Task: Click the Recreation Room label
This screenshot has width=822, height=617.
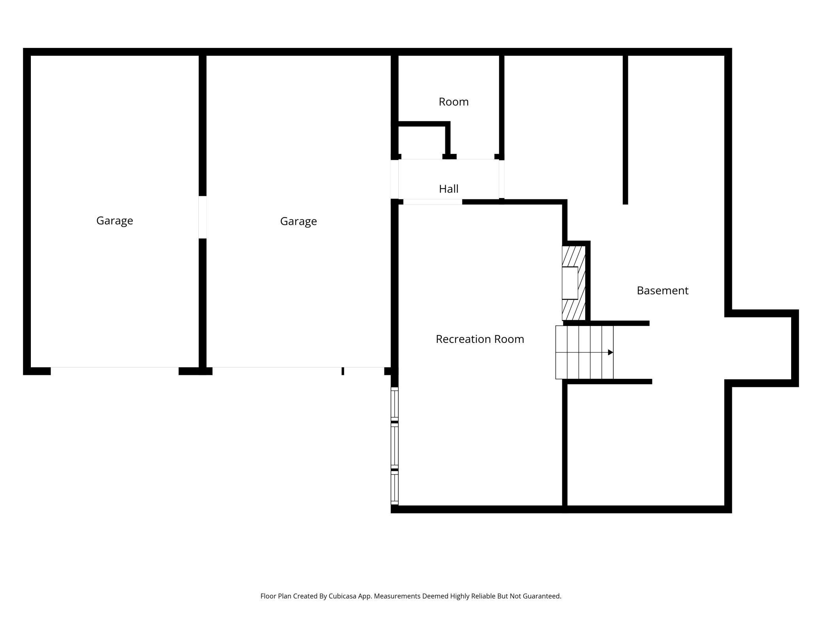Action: coord(480,339)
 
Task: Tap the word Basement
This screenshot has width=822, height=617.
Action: coord(662,291)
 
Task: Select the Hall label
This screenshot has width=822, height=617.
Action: coord(449,189)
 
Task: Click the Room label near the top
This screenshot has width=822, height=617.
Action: coord(453,102)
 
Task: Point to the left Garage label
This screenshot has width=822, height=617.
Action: coord(115,220)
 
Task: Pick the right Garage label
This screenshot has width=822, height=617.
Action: coord(298,221)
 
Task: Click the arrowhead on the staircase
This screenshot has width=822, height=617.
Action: coord(611,352)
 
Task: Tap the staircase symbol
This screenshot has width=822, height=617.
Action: coord(584,352)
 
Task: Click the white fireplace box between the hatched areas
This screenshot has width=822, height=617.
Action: coord(570,283)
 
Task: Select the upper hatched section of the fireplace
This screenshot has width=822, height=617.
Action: coord(573,256)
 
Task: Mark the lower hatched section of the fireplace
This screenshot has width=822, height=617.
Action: coord(573,310)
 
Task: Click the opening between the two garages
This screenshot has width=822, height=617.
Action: coord(202,217)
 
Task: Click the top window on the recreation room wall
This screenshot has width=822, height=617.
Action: coord(394,404)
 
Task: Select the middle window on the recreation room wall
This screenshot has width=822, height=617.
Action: coord(394,446)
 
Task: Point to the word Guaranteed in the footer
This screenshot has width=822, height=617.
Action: coord(541,596)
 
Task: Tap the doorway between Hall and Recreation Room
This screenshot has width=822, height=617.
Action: coord(432,202)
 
